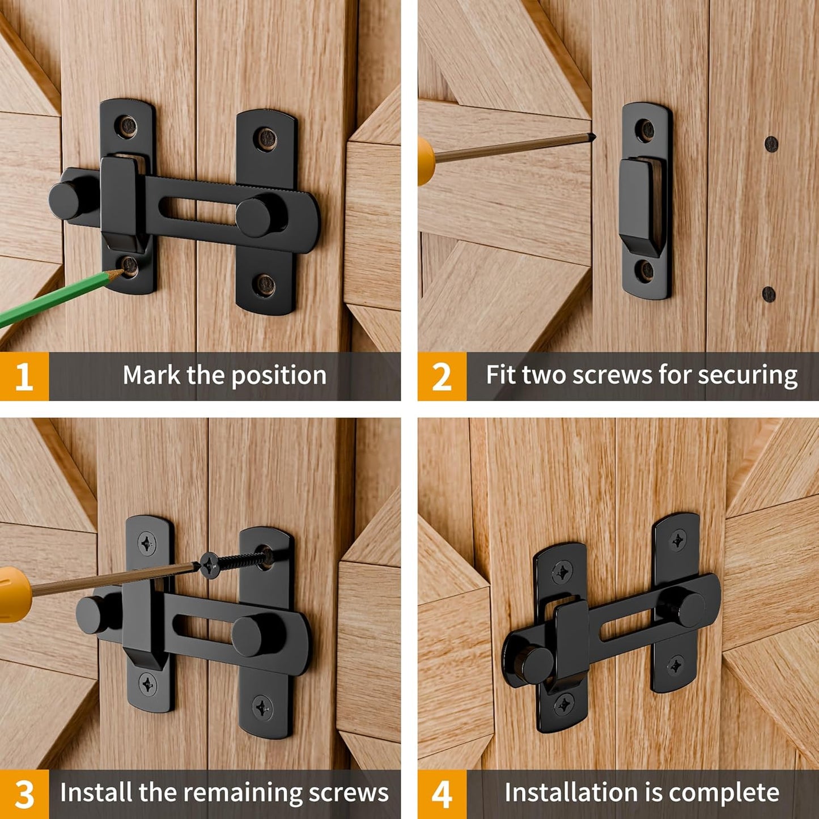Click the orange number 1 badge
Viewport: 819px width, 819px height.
24,376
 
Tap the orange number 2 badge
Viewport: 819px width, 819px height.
442,376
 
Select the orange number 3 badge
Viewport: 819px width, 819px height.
24,794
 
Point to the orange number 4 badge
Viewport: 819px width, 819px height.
442,794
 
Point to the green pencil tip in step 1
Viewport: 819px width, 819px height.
117,273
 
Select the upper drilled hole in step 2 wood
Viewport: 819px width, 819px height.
771,144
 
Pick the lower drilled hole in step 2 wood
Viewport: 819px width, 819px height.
769,294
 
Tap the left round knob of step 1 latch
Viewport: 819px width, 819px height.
67,200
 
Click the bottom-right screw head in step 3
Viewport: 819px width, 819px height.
262,707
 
